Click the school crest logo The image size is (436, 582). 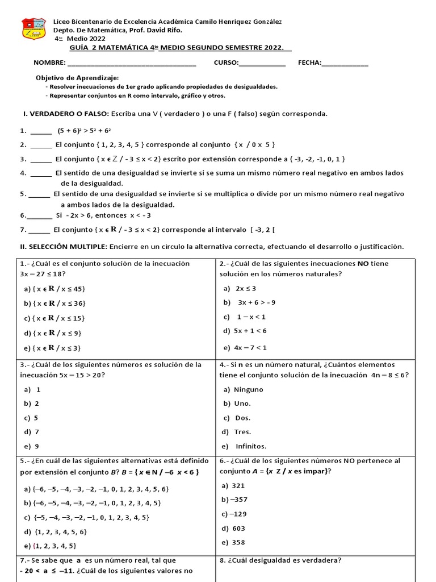(x=33, y=28)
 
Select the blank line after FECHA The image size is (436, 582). (x=345, y=63)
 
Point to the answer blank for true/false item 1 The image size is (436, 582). (x=41, y=130)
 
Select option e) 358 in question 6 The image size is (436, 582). (x=238, y=542)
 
